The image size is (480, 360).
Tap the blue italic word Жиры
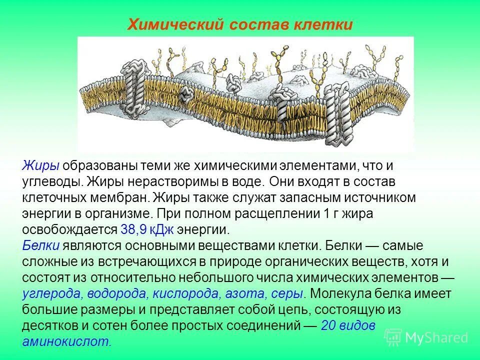tap(40, 165)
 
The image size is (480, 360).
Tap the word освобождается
tap(69, 229)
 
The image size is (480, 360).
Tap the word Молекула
tap(341, 293)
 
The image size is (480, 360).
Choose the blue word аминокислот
tap(66, 341)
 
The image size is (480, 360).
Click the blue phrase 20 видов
tap(347, 325)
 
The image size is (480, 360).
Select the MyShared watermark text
tap(436, 337)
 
